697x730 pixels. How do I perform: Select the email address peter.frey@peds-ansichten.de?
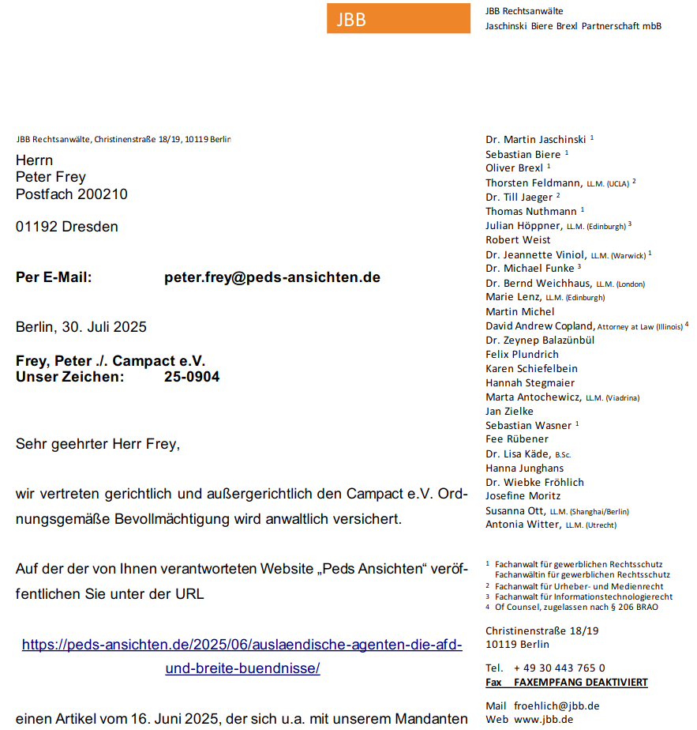tap(272, 277)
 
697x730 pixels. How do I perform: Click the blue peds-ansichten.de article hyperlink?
tap(242, 656)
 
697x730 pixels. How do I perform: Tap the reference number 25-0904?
tap(192, 377)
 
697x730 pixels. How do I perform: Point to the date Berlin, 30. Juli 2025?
tap(81, 327)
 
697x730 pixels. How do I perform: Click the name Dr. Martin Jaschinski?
tap(536, 140)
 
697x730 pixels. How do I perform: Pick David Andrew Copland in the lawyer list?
tap(539, 325)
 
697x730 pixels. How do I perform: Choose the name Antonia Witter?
tap(522, 524)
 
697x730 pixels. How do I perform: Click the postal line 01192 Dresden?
tap(67, 227)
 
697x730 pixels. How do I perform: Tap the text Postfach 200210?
tap(72, 194)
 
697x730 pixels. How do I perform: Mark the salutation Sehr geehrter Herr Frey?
tap(98, 444)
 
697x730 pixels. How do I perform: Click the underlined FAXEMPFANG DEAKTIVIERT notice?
tap(580, 682)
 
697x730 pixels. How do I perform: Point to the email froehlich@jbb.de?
tap(556, 706)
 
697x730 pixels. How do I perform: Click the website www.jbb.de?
tap(543, 720)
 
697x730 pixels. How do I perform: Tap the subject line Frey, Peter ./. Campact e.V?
tap(111, 361)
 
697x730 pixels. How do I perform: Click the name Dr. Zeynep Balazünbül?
tap(540, 340)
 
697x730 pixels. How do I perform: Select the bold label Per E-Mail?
tap(54, 277)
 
